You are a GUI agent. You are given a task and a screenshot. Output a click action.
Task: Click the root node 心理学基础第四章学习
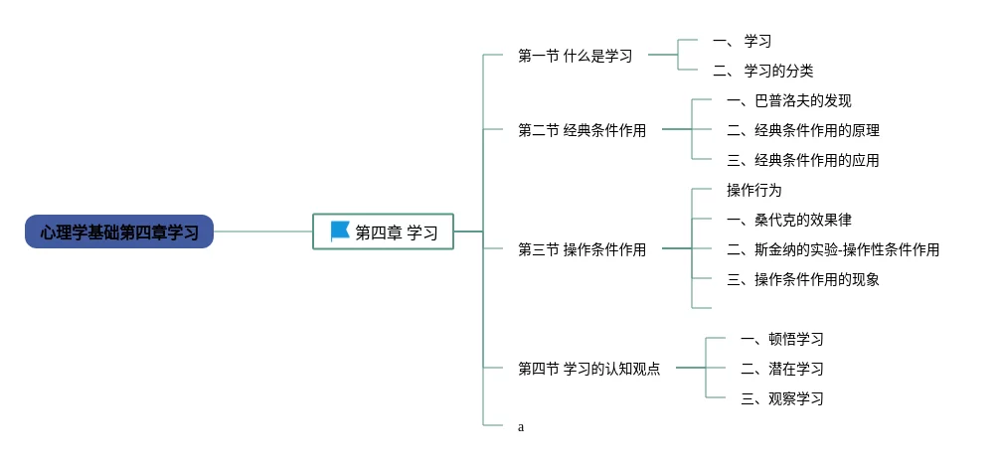(119, 231)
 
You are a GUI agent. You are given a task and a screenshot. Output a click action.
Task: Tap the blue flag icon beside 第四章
(340, 231)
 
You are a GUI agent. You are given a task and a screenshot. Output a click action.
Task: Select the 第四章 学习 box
(383, 231)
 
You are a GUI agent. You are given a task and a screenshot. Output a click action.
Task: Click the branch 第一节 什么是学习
(576, 56)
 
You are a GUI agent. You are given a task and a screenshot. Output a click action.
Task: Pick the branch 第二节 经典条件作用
(582, 130)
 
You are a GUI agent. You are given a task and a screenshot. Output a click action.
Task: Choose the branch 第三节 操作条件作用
(582, 249)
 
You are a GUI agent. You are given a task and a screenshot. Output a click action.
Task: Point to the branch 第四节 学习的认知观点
(588, 369)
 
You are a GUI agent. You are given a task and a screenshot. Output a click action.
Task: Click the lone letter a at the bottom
(521, 427)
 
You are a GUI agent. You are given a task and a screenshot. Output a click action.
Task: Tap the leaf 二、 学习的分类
(762, 71)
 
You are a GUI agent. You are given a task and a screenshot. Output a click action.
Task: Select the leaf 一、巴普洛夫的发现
(788, 100)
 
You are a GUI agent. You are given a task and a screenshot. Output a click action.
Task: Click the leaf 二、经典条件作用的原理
(802, 130)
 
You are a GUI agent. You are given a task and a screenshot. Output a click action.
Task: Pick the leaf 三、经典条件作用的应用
(802, 160)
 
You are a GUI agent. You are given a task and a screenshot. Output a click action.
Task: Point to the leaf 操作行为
(754, 190)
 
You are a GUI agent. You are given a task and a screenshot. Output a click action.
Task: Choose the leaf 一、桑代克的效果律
(788, 220)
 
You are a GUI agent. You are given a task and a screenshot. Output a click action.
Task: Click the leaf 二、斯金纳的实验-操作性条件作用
(832, 249)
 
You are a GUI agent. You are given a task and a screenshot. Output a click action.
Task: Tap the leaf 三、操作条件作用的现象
(802, 279)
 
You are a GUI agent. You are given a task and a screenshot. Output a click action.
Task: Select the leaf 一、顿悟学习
(781, 339)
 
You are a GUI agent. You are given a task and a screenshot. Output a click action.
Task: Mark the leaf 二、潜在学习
(781, 369)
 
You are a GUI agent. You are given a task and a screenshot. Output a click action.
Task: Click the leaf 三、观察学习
(781, 398)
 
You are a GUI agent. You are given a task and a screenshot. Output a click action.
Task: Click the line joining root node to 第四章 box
(263, 231)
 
